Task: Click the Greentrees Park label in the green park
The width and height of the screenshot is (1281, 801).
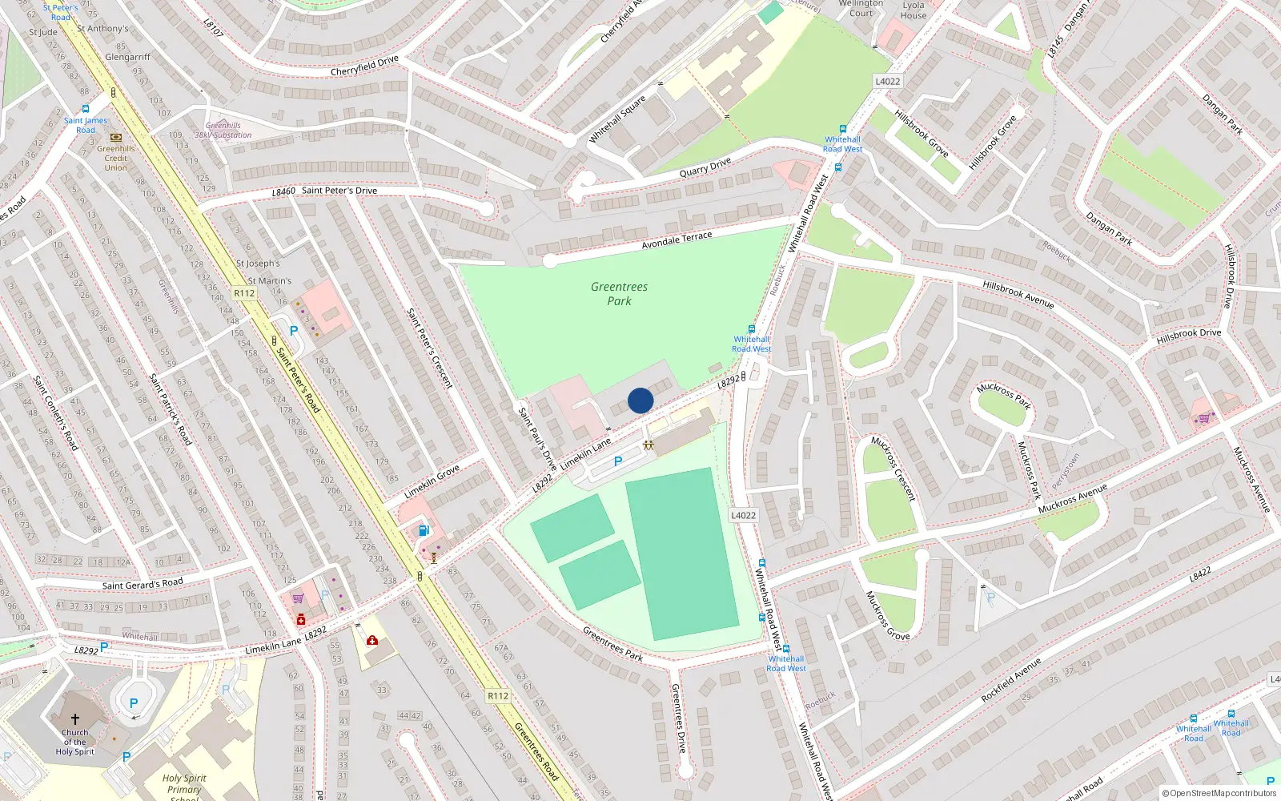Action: [x=619, y=293]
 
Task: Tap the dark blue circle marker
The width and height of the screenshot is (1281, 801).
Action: [x=640, y=400]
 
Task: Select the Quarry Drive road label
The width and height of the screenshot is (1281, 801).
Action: [x=705, y=167]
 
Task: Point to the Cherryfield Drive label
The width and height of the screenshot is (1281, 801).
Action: [x=364, y=66]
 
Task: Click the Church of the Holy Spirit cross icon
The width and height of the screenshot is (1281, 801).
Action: [x=75, y=718]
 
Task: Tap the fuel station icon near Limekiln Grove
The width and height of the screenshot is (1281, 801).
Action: [x=424, y=529]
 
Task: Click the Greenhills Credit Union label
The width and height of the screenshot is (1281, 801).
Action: [x=115, y=158]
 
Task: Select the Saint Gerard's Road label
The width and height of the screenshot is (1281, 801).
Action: [x=143, y=584]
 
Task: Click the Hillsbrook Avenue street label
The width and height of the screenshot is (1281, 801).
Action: [x=1018, y=294]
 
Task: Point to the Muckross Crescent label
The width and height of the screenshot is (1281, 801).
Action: [x=893, y=469]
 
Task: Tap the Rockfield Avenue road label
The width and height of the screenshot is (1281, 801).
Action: [x=1011, y=680]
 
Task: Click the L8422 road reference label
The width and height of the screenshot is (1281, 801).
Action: [x=1199, y=574]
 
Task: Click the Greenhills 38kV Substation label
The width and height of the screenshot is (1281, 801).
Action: [x=223, y=131]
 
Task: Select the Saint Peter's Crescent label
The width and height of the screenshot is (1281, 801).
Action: [x=430, y=348]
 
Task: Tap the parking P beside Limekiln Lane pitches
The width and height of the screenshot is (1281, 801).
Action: [x=617, y=461]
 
